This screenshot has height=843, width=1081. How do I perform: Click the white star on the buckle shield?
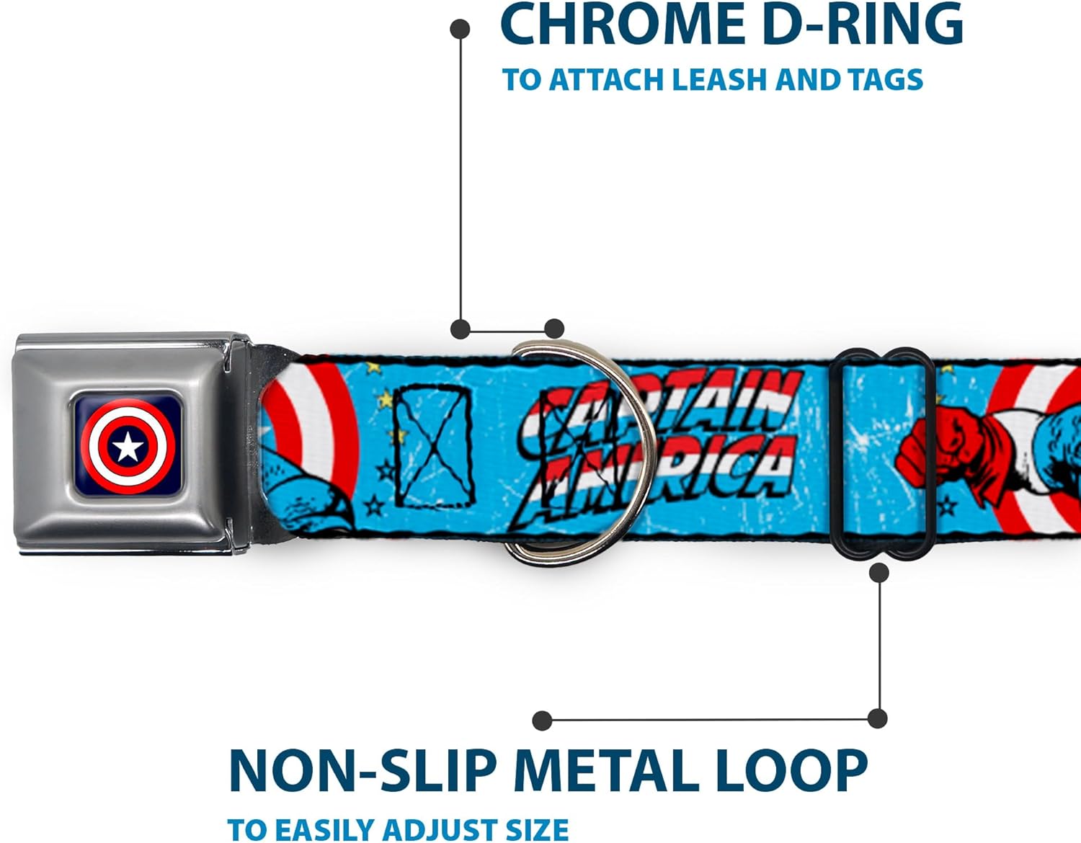(x=128, y=447)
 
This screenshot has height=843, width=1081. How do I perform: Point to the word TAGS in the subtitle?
(x=885, y=79)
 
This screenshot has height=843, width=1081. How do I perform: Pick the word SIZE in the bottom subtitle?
(x=534, y=830)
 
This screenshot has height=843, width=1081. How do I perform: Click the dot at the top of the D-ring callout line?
(x=460, y=29)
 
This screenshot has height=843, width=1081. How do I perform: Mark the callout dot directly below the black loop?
(x=878, y=573)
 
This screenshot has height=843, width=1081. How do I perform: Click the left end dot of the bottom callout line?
(x=542, y=720)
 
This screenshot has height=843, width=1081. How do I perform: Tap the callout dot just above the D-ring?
(x=553, y=329)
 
